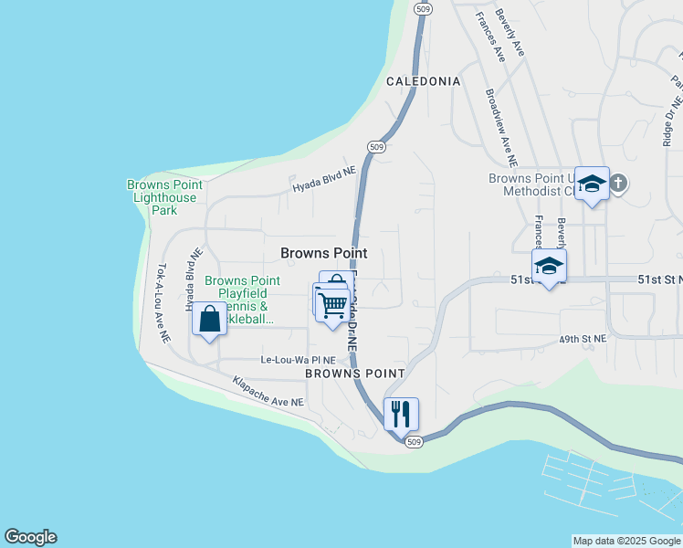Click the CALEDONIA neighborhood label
tap(423, 81)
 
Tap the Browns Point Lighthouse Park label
tap(164, 197)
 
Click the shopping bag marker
tap(210, 320)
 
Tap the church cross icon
tap(618, 183)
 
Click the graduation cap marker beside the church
tap(592, 184)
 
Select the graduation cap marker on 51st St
tap(549, 266)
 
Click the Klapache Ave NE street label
tap(268, 391)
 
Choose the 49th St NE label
tap(583, 339)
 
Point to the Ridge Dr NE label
tap(671, 121)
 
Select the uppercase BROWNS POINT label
tap(354, 374)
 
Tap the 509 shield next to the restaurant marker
tap(414, 443)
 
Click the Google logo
tap(30, 537)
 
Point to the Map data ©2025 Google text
tap(625, 541)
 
